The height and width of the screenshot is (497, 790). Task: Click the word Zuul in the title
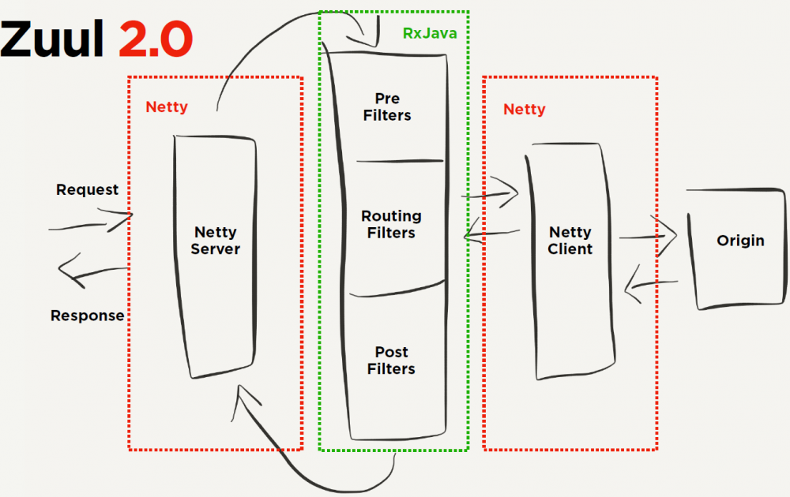click(54, 39)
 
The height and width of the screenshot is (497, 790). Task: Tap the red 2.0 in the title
click(155, 39)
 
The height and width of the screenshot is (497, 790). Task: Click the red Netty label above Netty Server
click(167, 106)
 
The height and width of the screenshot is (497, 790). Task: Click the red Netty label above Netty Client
click(524, 110)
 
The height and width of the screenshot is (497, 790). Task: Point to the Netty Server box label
click(215, 241)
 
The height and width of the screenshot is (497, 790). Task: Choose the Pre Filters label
click(387, 107)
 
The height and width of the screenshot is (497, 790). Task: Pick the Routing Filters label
click(391, 224)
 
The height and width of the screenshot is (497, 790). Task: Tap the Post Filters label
click(391, 360)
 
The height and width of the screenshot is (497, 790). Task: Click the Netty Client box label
click(570, 241)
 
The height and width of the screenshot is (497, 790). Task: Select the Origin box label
click(740, 241)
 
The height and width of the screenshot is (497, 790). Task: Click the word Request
click(87, 190)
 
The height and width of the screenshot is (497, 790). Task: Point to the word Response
click(87, 316)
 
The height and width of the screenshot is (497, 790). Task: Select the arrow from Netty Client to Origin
click(648, 234)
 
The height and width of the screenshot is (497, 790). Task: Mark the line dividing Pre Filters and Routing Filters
click(399, 162)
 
